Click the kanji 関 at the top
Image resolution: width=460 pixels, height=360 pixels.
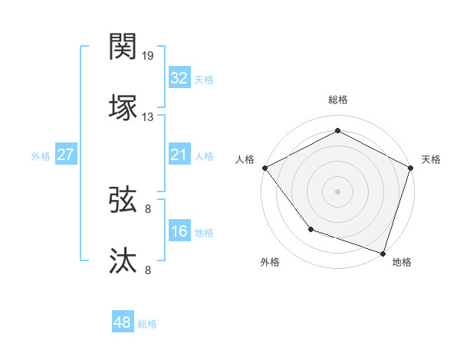click(x=123, y=47)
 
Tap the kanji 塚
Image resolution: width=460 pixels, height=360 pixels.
click(x=123, y=106)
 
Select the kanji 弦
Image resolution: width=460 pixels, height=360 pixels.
click(x=123, y=200)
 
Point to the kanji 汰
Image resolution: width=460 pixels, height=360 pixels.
click(x=123, y=260)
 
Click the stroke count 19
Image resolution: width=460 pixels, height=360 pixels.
click(x=149, y=56)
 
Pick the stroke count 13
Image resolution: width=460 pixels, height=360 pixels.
click(x=149, y=116)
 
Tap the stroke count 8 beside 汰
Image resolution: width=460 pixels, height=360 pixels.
click(x=149, y=269)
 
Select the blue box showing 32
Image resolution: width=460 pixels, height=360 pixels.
click(x=179, y=78)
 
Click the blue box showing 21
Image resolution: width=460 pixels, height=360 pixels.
click(x=179, y=155)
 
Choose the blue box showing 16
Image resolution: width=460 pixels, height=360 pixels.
click(x=179, y=231)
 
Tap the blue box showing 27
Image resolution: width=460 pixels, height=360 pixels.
click(x=65, y=155)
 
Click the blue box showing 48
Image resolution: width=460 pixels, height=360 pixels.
click(x=122, y=322)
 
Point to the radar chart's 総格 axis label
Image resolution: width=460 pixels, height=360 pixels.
click(x=338, y=100)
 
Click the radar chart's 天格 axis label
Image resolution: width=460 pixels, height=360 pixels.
click(x=432, y=159)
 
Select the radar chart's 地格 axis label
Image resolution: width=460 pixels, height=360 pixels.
click(x=402, y=262)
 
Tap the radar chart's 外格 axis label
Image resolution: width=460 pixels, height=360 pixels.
click(x=270, y=262)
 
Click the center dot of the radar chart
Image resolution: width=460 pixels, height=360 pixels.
click(x=338, y=191)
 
